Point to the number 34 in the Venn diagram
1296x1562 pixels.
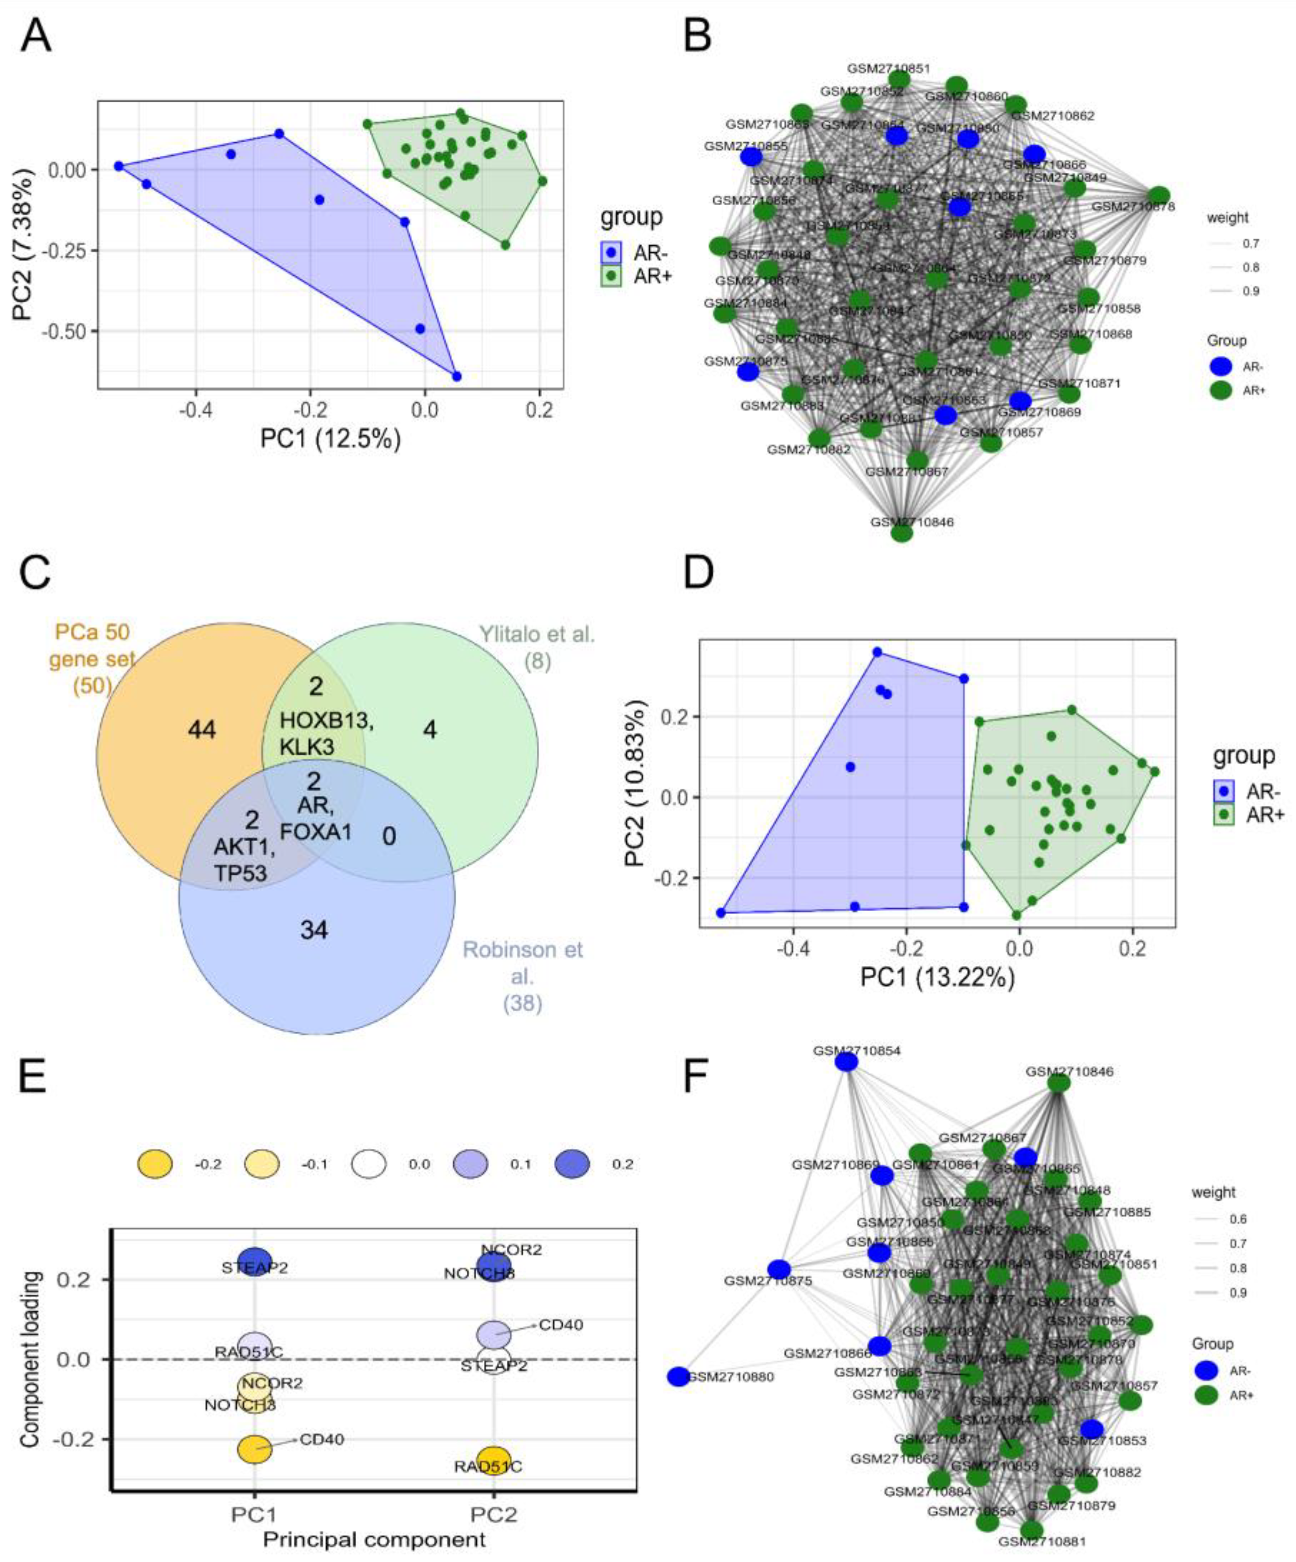[313, 930]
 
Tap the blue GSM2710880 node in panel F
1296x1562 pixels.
[678, 1377]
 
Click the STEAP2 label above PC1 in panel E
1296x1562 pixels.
[254, 1267]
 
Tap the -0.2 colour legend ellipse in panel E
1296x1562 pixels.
[155, 1164]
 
